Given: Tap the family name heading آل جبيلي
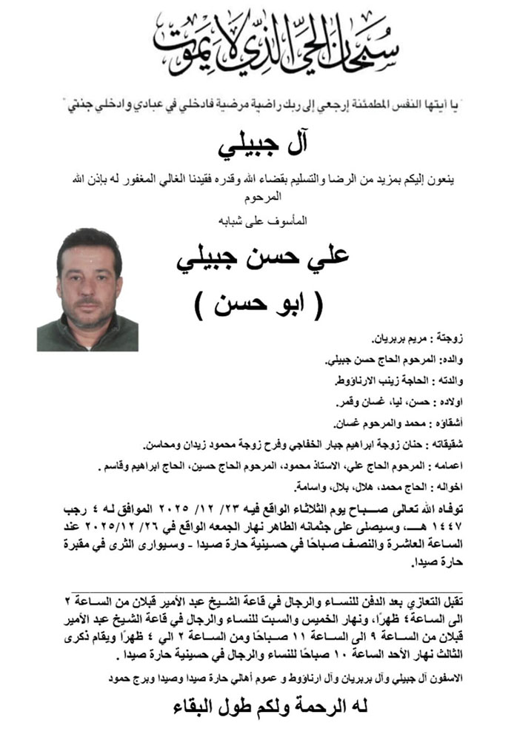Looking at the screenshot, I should pos(258,147).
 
